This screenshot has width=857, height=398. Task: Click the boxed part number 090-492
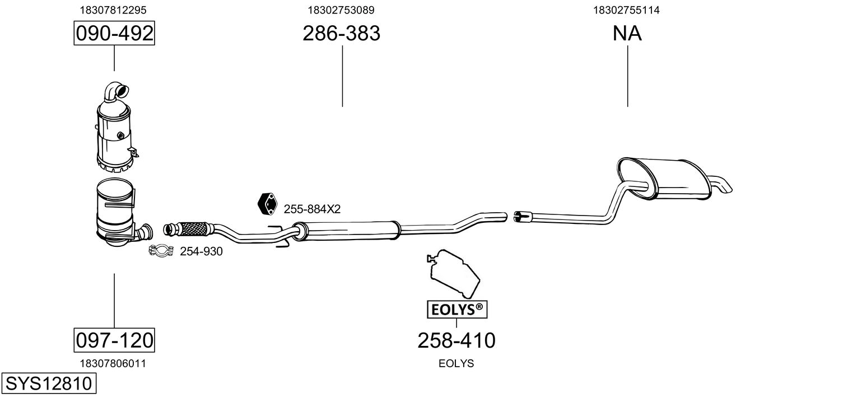(114, 33)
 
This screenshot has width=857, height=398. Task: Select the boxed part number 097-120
(114, 340)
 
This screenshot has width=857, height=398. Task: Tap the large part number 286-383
(341, 33)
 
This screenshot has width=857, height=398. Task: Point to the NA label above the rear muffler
(627, 33)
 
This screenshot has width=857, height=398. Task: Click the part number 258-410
(457, 340)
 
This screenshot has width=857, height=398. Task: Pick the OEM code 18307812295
(113, 10)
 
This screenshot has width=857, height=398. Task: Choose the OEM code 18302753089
(341, 10)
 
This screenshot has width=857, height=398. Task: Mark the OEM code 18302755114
(626, 10)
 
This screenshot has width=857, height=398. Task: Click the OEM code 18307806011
(113, 363)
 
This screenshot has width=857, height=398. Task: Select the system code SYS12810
(49, 383)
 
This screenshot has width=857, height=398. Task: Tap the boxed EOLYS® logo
(457, 310)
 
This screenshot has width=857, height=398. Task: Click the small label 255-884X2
(312, 209)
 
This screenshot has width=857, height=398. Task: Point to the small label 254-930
(201, 251)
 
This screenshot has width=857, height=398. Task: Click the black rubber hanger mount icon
(267, 204)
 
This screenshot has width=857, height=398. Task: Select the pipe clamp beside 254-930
(161, 251)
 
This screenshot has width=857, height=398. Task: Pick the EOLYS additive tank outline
(453, 273)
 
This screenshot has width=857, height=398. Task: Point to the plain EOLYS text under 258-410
(456, 363)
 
